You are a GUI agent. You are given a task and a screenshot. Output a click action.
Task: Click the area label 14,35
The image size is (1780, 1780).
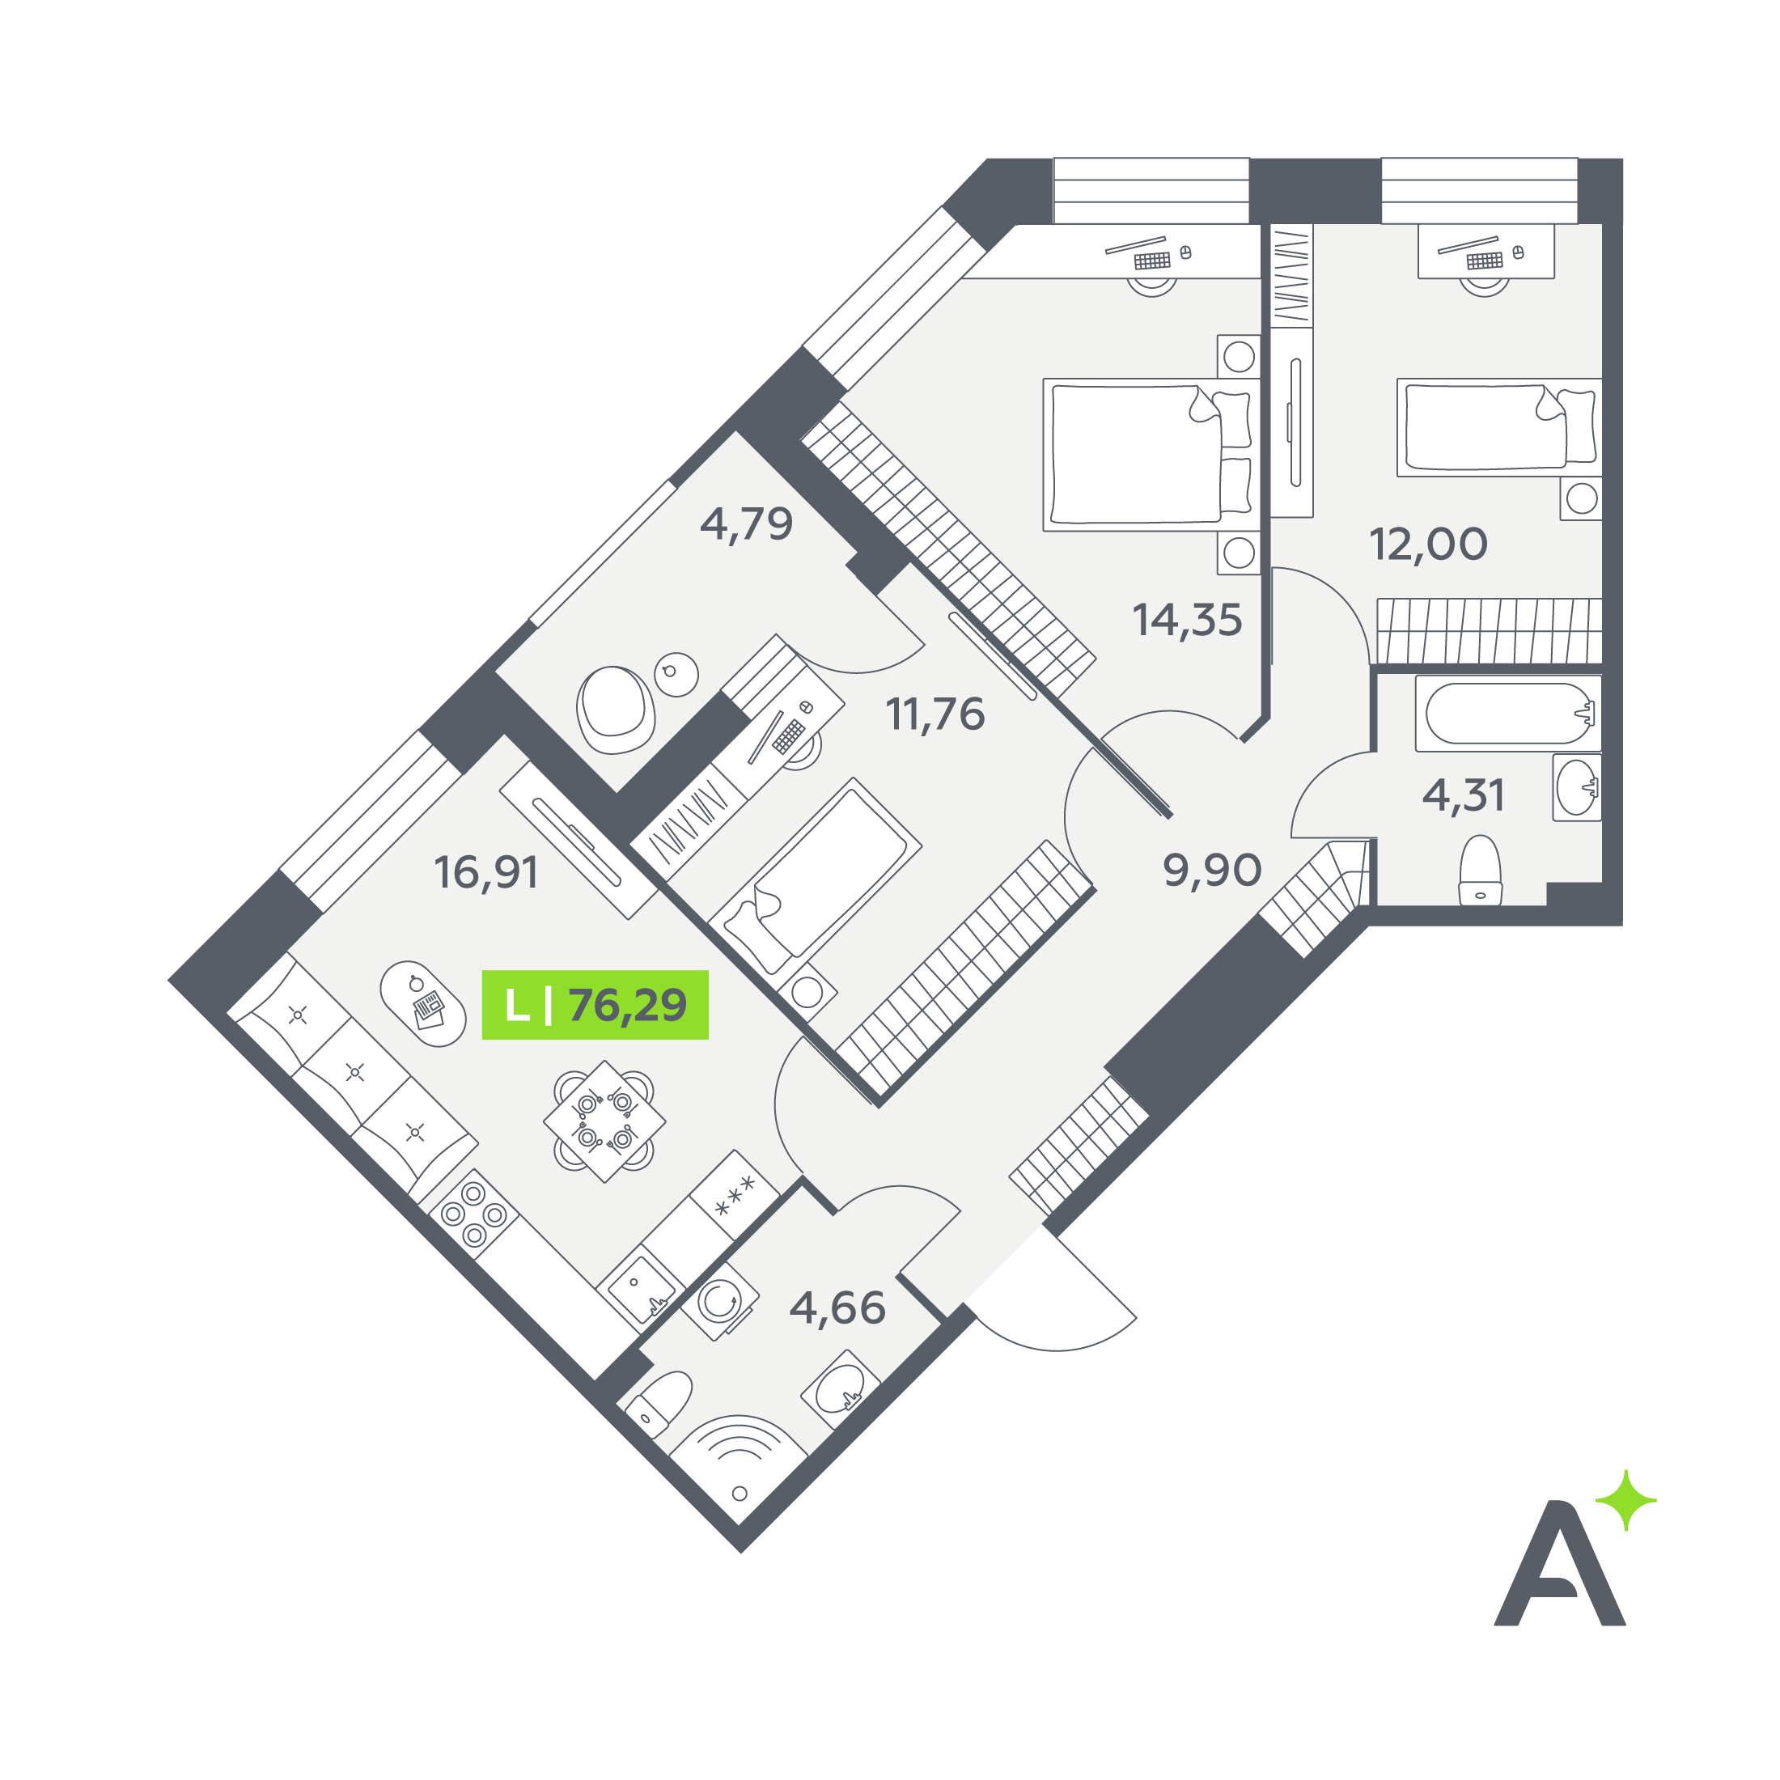[x=1187, y=621]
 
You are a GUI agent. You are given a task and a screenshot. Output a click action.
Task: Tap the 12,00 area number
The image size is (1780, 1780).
[x=1428, y=545]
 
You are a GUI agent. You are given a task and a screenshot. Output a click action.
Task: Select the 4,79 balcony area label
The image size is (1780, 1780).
[x=746, y=524]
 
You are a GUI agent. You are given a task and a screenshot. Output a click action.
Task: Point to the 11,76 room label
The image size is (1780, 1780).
[x=935, y=714]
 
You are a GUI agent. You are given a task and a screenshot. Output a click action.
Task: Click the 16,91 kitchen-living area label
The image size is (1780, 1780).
[x=486, y=872]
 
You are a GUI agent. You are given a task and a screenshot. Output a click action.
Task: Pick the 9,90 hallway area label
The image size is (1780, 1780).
[x=1213, y=870]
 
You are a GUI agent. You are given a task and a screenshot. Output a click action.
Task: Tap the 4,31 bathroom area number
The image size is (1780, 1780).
[x=1464, y=795]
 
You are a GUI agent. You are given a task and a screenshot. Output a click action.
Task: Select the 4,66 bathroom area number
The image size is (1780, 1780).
[x=838, y=1308]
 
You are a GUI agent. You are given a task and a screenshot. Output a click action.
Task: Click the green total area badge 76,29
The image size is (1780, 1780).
[x=595, y=1004]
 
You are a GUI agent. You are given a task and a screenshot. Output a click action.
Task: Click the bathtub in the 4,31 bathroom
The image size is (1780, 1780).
[x=1508, y=713]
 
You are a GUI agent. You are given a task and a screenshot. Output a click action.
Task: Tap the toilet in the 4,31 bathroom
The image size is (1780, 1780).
[x=1481, y=871]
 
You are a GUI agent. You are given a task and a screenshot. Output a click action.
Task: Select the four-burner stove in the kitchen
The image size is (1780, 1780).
[x=473, y=1214]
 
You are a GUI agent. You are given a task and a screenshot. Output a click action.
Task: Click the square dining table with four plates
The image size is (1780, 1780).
[x=604, y=1121]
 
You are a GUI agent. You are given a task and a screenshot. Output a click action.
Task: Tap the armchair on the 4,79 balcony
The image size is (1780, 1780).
[x=615, y=710]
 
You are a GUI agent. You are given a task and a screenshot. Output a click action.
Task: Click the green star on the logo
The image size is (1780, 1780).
[x=1626, y=1501]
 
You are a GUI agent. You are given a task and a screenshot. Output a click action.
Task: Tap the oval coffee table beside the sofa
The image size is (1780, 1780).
[x=423, y=1003]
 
